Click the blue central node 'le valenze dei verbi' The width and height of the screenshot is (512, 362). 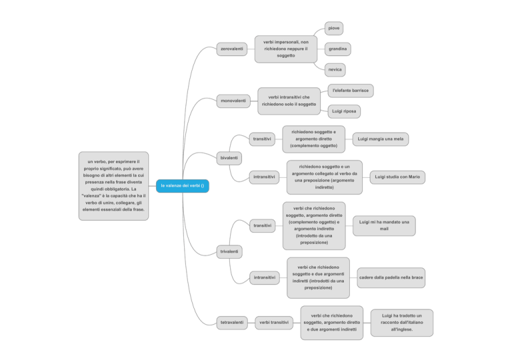183,186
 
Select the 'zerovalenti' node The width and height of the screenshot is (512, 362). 232,49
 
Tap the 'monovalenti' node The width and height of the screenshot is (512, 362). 233,101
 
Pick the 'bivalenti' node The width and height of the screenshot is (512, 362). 229,158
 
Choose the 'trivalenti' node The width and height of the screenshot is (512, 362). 229,252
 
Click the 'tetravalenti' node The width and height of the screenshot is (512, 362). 232,323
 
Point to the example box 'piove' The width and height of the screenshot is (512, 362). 334,29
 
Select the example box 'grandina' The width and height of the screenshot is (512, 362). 337,49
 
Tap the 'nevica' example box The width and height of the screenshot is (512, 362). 335,70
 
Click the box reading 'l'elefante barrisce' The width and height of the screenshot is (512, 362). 351,91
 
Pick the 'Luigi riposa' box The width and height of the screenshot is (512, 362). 344,111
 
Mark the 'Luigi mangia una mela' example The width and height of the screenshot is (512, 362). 381,139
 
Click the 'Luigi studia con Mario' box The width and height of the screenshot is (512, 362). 397,177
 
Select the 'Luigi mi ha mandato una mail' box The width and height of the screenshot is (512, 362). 384,225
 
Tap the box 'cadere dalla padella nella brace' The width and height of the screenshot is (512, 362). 391,278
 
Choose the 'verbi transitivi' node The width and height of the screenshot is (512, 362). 274,323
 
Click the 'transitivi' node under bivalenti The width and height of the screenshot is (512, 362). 262,139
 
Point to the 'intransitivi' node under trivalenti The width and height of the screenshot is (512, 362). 265,278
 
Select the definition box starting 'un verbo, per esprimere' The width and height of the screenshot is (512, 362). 113,186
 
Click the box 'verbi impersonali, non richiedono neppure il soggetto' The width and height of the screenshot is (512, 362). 286,49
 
